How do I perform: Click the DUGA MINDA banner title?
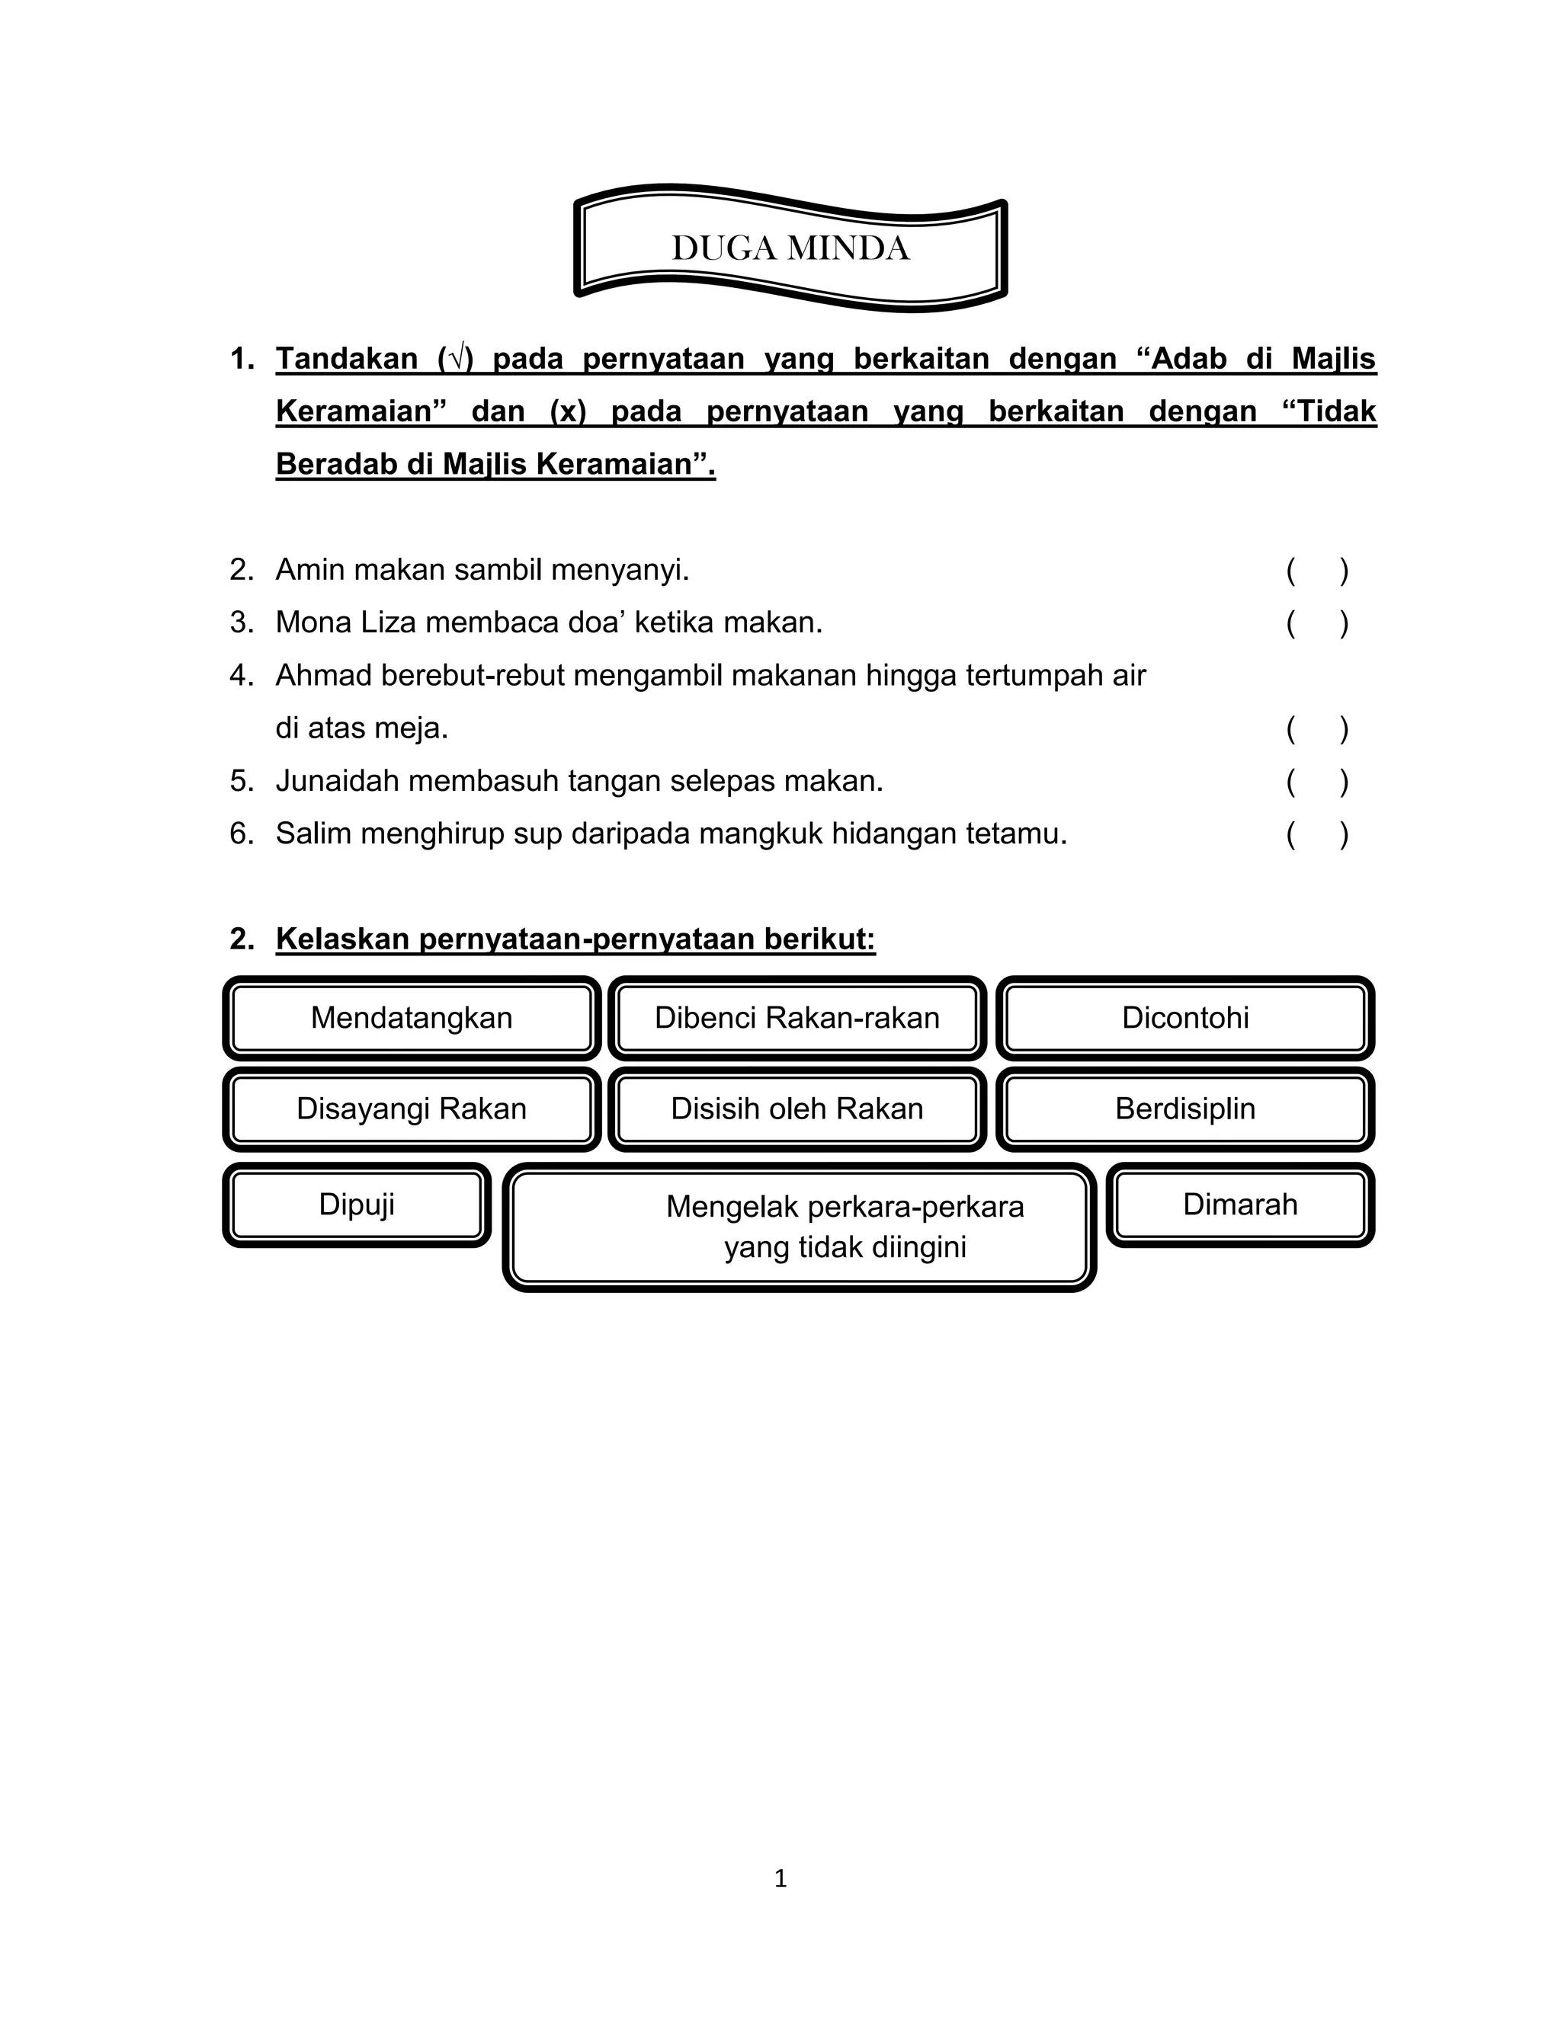point(790,248)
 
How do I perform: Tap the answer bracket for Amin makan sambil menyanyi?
point(1317,571)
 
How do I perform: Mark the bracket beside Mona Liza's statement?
point(1317,624)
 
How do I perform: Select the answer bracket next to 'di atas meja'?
point(1317,729)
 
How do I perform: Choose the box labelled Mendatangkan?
point(412,1018)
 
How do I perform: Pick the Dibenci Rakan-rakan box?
point(797,1018)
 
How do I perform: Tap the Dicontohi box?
point(1184,1018)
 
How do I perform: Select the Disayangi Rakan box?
point(412,1109)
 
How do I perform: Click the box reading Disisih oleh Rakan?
point(797,1109)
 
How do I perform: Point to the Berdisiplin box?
point(1184,1109)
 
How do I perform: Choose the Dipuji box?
point(357,1205)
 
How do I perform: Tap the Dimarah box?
point(1240,1205)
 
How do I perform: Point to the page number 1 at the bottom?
point(780,1879)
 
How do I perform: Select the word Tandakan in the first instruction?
point(347,359)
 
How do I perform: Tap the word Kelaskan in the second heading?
point(343,939)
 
